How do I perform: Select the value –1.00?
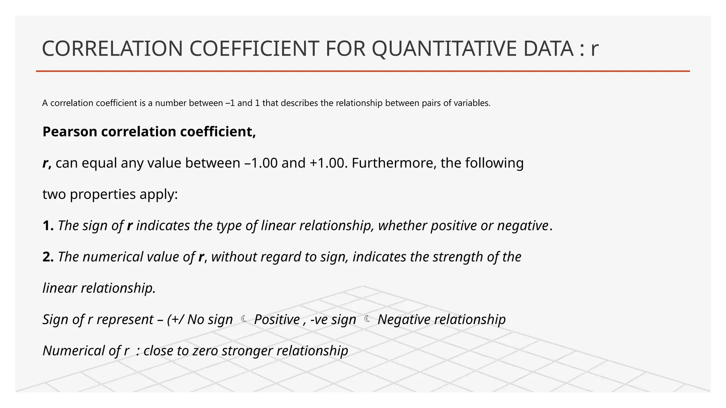pos(261,163)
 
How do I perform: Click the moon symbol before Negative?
pos(367,319)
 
